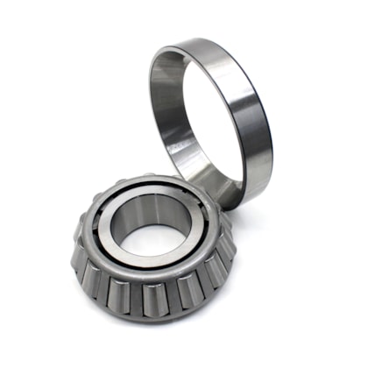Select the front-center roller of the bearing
pyautogui.click(x=151, y=296)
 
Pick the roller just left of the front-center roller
pyautogui.click(x=118, y=289)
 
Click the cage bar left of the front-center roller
pyautogui.click(x=134, y=294)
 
